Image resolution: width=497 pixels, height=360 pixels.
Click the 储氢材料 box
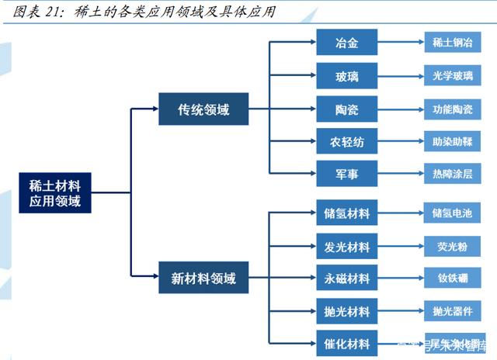347,213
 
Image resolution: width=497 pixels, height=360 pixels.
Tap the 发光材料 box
347,247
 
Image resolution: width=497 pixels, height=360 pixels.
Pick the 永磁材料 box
347,278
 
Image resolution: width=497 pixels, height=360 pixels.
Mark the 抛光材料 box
347,311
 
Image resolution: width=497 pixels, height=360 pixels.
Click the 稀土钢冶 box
452,43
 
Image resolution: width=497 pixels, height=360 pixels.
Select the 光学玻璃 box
452,75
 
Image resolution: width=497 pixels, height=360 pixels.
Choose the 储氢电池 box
452,213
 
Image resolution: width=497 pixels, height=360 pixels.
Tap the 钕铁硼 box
452,278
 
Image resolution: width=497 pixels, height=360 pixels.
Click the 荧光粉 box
452,247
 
